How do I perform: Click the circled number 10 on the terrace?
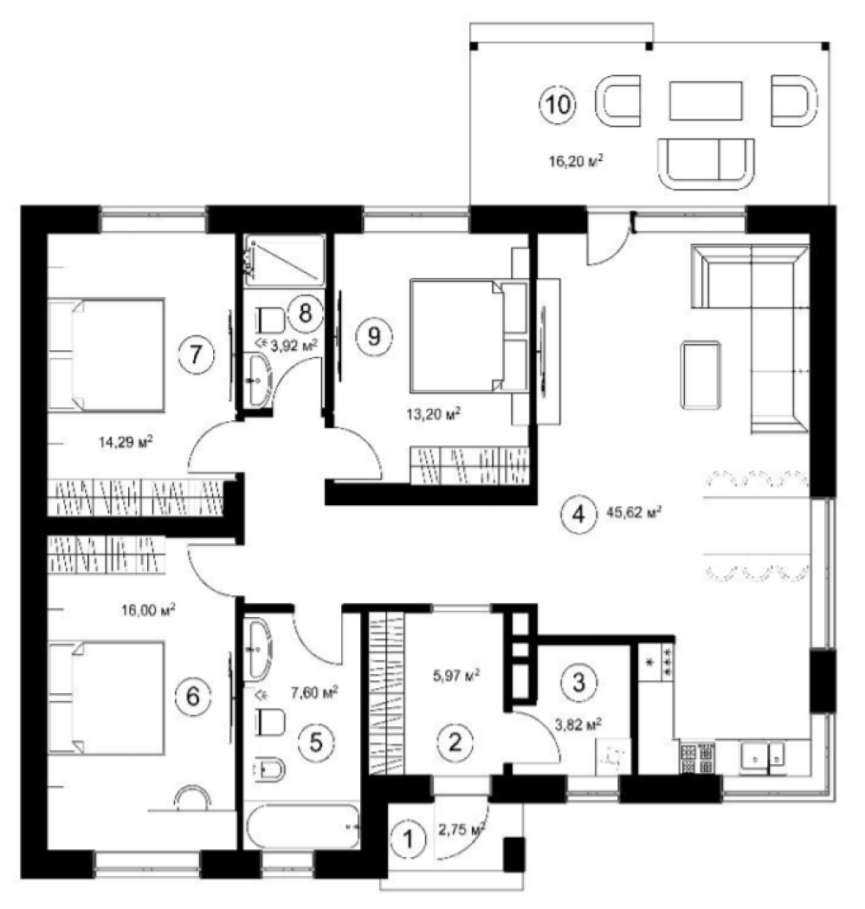[558, 105]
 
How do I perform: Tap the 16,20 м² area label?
[575, 160]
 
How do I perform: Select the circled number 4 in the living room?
[578, 514]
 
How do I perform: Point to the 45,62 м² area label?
[634, 512]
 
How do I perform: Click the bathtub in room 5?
[302, 826]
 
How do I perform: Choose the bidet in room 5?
[269, 769]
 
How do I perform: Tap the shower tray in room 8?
[285, 260]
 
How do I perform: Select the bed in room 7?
[106, 354]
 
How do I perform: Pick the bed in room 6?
[106, 698]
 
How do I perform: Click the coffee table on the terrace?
[706, 101]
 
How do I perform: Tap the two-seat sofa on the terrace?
[706, 164]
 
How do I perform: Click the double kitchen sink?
[762, 757]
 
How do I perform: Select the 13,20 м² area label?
[434, 414]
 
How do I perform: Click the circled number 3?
[578, 682]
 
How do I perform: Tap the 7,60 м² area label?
[314, 692]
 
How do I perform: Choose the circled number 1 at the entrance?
[409, 839]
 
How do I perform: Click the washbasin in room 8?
[258, 380]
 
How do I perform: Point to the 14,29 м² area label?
[126, 442]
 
